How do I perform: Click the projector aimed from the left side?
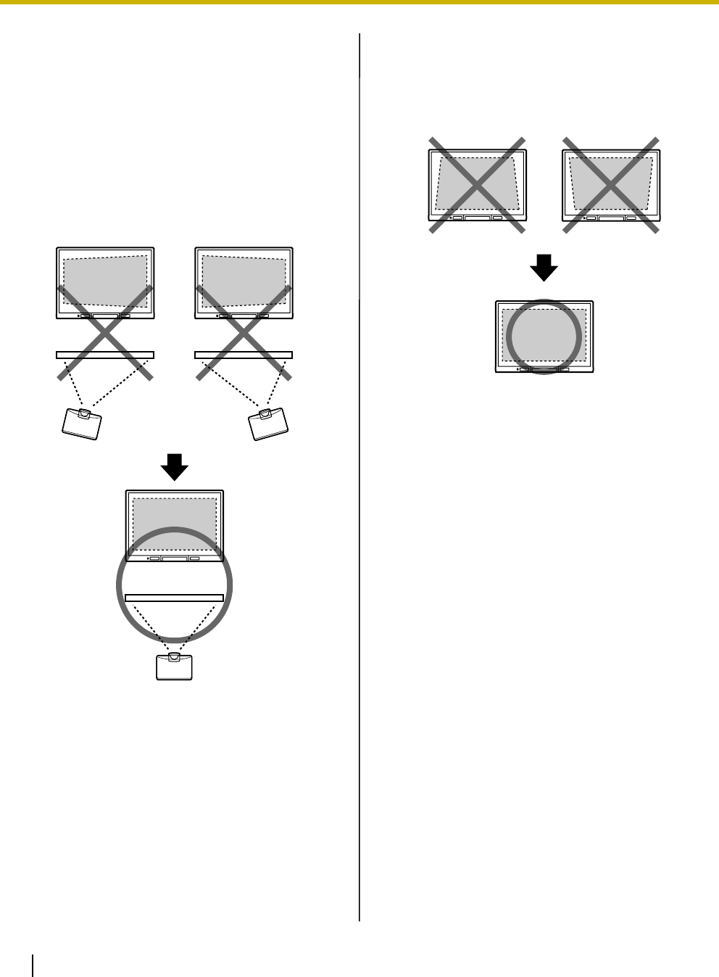point(80,424)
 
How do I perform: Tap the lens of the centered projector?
point(174,657)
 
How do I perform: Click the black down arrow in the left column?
point(174,467)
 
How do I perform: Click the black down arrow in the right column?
point(544,270)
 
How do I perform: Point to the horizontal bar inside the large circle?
point(174,597)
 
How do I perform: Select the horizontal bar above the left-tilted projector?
point(105,354)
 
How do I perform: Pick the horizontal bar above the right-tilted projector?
point(244,354)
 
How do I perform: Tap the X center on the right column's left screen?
point(476,185)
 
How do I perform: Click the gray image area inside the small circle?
point(544,336)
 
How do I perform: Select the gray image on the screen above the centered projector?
point(174,521)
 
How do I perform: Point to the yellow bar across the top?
point(359,2)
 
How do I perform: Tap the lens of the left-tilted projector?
point(86,413)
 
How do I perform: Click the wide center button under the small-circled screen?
point(544,369)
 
